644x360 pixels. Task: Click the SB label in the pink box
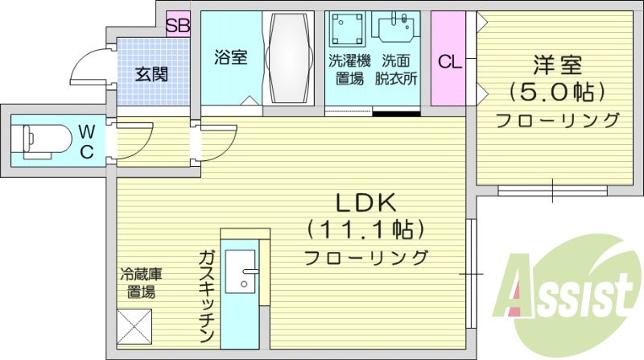(x=177, y=25)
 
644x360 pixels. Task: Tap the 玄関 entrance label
(x=151, y=75)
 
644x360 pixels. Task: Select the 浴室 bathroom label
(x=230, y=58)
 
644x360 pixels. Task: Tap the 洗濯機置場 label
(x=347, y=69)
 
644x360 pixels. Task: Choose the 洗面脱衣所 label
(x=398, y=69)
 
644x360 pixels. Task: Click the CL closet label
(x=449, y=61)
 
